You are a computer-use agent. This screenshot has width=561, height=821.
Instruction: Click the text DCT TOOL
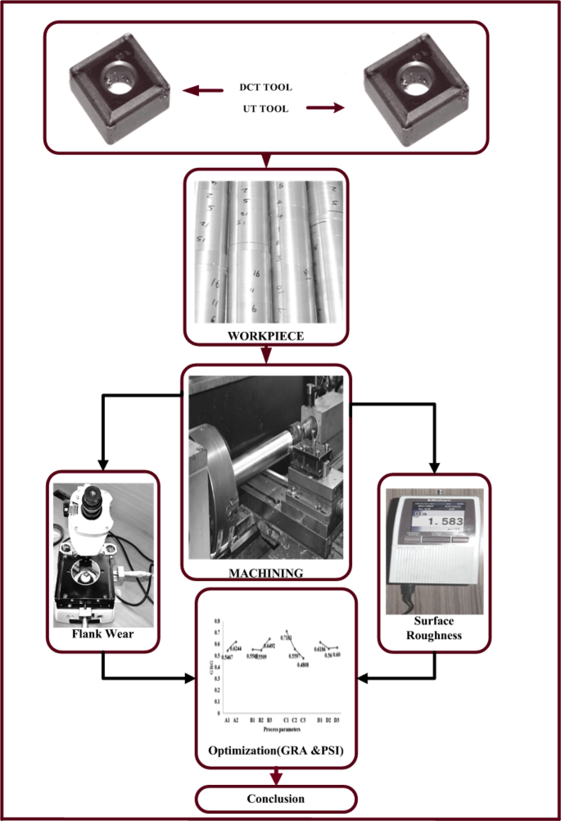tap(265, 88)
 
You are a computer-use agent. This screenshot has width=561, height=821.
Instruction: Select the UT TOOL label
tap(265, 108)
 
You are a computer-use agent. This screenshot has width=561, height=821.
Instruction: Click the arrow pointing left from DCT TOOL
tap(201, 91)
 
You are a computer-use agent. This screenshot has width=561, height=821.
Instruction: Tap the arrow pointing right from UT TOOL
tap(325, 107)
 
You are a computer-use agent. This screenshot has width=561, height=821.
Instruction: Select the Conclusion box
tap(275, 798)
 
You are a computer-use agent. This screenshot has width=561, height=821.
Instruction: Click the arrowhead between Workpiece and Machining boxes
tap(265, 356)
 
